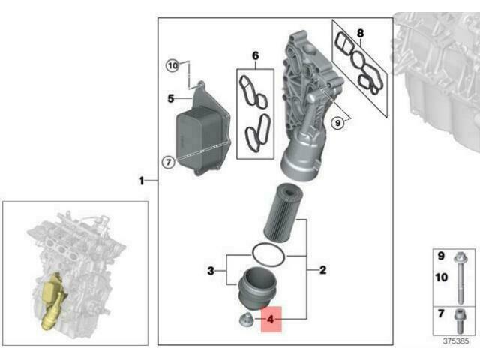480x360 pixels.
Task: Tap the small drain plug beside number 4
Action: point(244,322)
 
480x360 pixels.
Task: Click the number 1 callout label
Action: point(142,181)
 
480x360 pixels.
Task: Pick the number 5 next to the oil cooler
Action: point(170,98)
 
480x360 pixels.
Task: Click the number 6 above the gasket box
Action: point(255,56)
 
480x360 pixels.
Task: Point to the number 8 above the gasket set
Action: point(360,32)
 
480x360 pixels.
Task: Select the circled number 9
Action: point(337,121)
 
